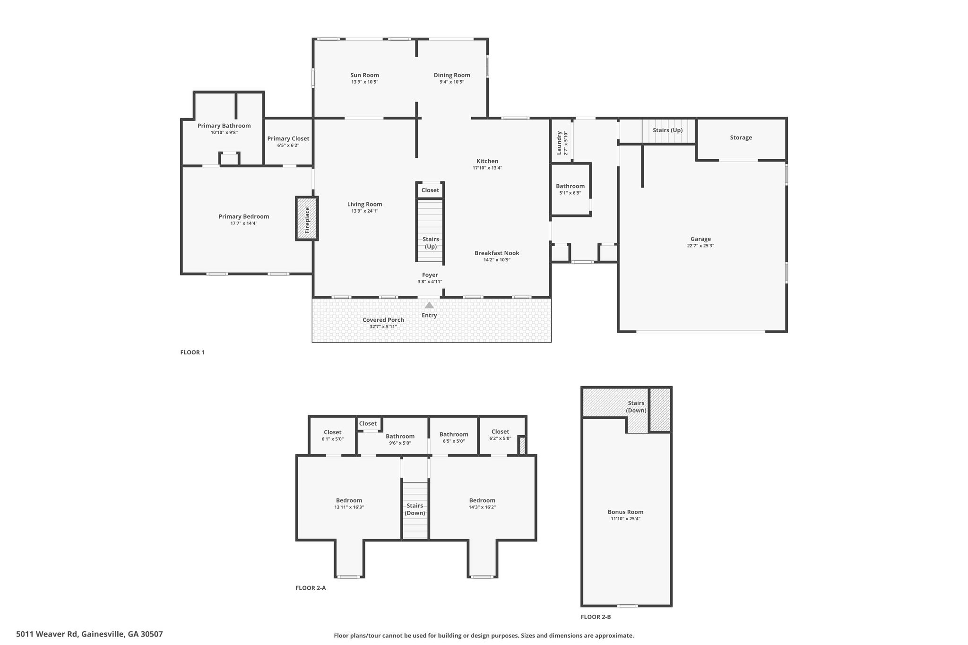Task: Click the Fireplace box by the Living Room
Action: coord(307,218)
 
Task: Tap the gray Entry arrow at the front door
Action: coord(429,305)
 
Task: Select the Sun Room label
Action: coord(364,75)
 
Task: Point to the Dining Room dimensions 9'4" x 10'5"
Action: coord(452,82)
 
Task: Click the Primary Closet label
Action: coord(288,138)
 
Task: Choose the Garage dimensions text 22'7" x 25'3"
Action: coord(700,246)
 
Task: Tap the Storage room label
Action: coord(741,138)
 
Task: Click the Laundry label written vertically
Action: coord(559,143)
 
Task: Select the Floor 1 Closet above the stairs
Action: coord(430,190)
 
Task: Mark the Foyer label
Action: coord(430,275)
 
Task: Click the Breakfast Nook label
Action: coord(497,253)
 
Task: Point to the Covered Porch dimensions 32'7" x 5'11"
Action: coord(383,327)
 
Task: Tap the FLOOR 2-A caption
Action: coord(311,588)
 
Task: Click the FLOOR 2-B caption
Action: coord(596,617)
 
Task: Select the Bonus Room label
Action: coord(625,512)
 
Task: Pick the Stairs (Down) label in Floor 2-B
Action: coord(636,407)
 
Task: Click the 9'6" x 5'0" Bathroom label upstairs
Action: coord(400,436)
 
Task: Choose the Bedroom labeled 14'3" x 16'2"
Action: coord(482,500)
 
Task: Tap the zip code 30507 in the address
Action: coord(152,634)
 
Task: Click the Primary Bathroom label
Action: coord(224,126)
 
